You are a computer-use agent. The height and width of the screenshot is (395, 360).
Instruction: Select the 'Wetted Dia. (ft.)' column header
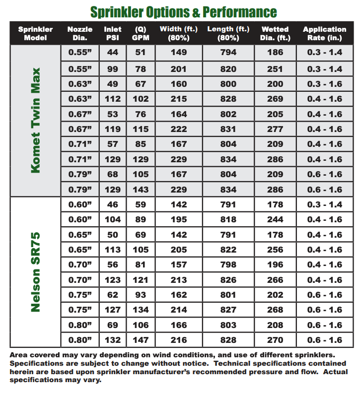click(275, 33)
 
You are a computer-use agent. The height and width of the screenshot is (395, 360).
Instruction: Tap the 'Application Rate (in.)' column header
click(324, 33)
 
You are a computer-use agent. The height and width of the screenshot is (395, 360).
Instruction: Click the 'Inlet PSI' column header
click(113, 33)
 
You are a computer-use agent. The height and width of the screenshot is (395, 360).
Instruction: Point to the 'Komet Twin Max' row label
click(35, 120)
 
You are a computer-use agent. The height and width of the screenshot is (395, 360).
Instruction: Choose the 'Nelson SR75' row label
click(35, 271)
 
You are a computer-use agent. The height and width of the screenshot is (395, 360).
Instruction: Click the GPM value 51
click(141, 52)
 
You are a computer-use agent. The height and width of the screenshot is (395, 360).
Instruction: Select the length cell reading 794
click(228, 52)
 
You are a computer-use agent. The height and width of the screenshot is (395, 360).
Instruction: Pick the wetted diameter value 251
click(275, 69)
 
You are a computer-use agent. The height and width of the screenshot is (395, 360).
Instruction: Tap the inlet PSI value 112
click(113, 99)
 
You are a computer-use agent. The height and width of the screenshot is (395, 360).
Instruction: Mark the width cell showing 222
click(179, 130)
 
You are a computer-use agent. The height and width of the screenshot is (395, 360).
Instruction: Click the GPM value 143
click(141, 190)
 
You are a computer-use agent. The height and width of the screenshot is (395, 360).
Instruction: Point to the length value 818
click(228, 219)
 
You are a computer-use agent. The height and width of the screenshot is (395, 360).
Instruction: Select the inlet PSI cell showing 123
click(113, 280)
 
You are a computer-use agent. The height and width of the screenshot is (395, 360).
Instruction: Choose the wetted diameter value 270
click(275, 340)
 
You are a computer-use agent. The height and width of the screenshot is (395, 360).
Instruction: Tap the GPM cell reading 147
click(141, 340)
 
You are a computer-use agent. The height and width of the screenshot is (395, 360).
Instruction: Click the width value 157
click(179, 264)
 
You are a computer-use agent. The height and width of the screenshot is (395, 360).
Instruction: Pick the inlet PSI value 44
click(113, 52)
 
